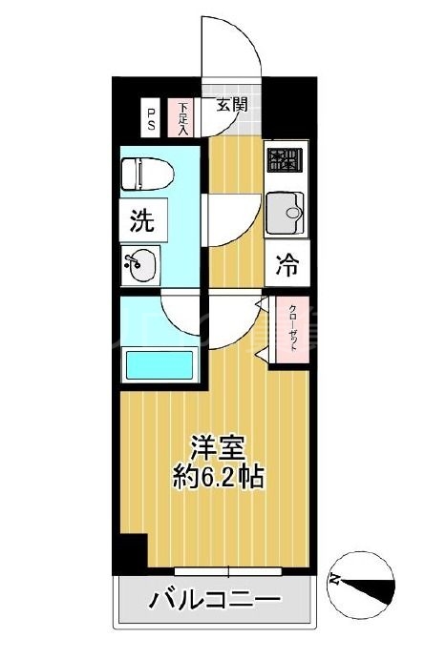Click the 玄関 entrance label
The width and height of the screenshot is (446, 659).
pyautogui.click(x=231, y=104)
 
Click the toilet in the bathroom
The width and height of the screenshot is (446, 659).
pyautogui.click(x=148, y=175)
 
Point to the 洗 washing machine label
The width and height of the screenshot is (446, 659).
pyautogui.click(x=141, y=223)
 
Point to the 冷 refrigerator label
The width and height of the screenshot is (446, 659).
pyautogui.click(x=287, y=265)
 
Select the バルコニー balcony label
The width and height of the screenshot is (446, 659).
pyautogui.click(x=214, y=602)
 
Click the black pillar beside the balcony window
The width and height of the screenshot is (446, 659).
pyautogui.click(x=132, y=552)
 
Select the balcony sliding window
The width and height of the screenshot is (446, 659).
pyautogui.click(x=229, y=572)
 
